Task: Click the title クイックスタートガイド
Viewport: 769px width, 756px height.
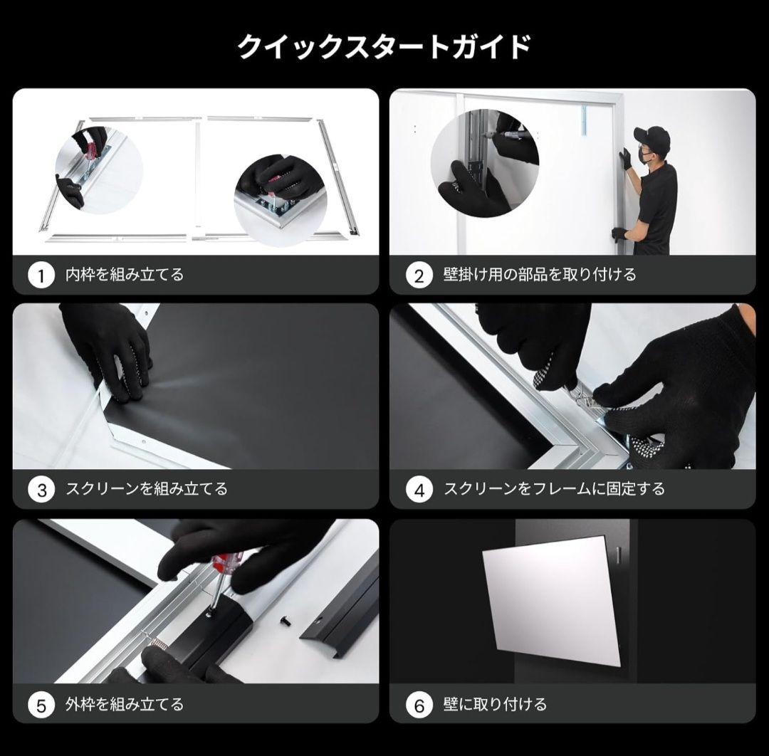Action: [384, 47]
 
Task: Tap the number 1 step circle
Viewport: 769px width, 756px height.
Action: [41, 275]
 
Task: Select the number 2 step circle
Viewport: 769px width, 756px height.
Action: [419, 275]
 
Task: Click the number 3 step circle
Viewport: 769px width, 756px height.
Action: [41, 490]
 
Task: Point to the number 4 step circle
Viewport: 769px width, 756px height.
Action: [419, 490]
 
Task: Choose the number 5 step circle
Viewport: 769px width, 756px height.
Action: [41, 705]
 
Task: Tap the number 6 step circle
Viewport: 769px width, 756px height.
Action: [419, 705]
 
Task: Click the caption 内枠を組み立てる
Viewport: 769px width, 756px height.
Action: [125, 275]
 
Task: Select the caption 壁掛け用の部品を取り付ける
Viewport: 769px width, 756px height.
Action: [539, 275]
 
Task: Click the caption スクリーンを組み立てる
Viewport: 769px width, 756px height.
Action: [146, 489]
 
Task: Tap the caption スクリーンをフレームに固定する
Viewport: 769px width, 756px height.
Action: [554, 489]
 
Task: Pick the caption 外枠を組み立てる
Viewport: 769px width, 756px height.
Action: [125, 705]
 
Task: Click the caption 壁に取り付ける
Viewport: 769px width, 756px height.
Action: [495, 705]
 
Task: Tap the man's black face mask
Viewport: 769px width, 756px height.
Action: [647, 154]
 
